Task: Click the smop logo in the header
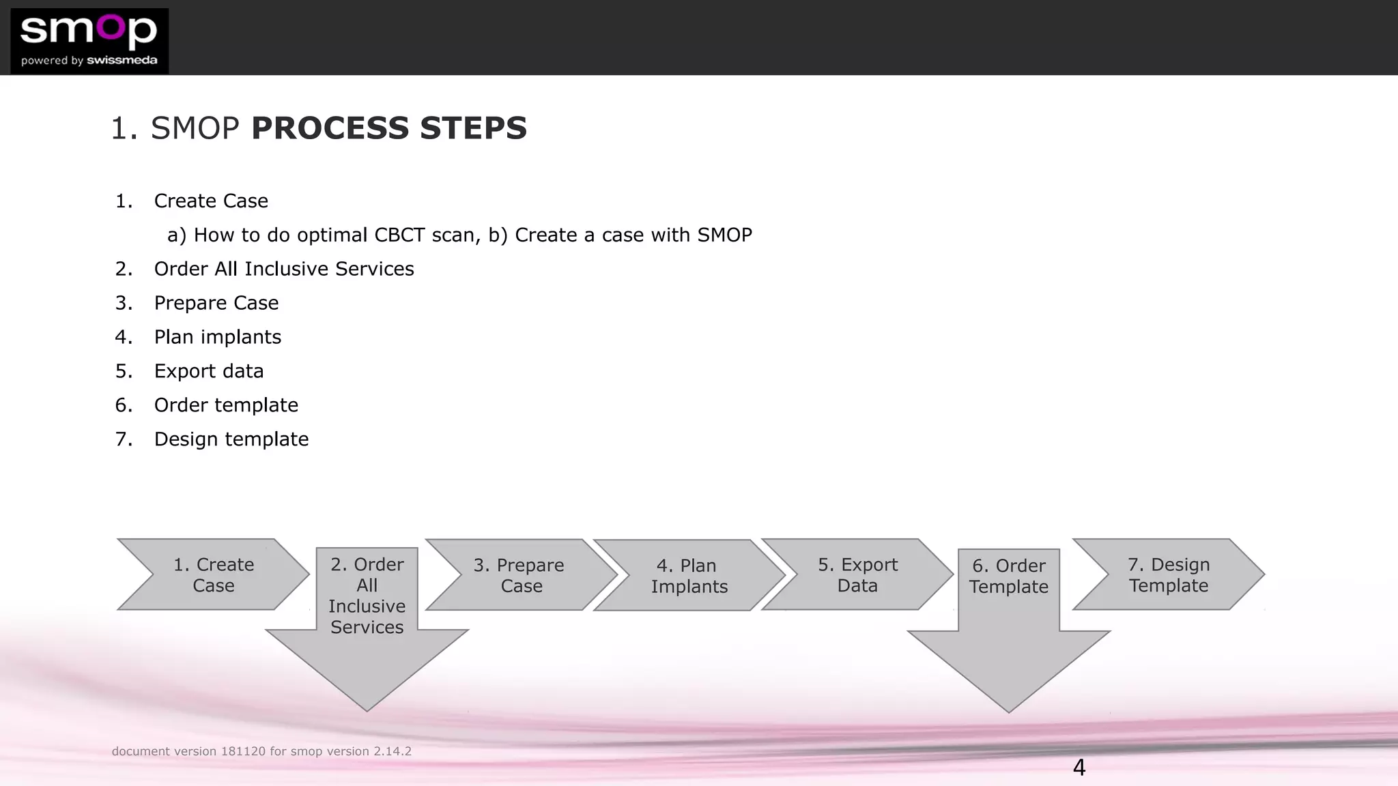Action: click(89, 31)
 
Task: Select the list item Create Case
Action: click(211, 201)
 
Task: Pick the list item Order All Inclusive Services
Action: click(284, 269)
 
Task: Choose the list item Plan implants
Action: click(217, 337)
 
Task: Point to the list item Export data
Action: click(208, 371)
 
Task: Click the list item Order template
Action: click(226, 405)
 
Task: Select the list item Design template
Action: click(231, 439)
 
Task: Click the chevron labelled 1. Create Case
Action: click(214, 574)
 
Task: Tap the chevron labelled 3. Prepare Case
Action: click(519, 575)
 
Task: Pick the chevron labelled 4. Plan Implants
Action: click(688, 576)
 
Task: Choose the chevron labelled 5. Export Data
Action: click(857, 574)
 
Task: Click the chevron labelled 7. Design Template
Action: click(1169, 574)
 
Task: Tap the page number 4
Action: click(1079, 768)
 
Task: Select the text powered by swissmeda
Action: click(89, 61)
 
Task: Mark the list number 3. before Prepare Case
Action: click(124, 303)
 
